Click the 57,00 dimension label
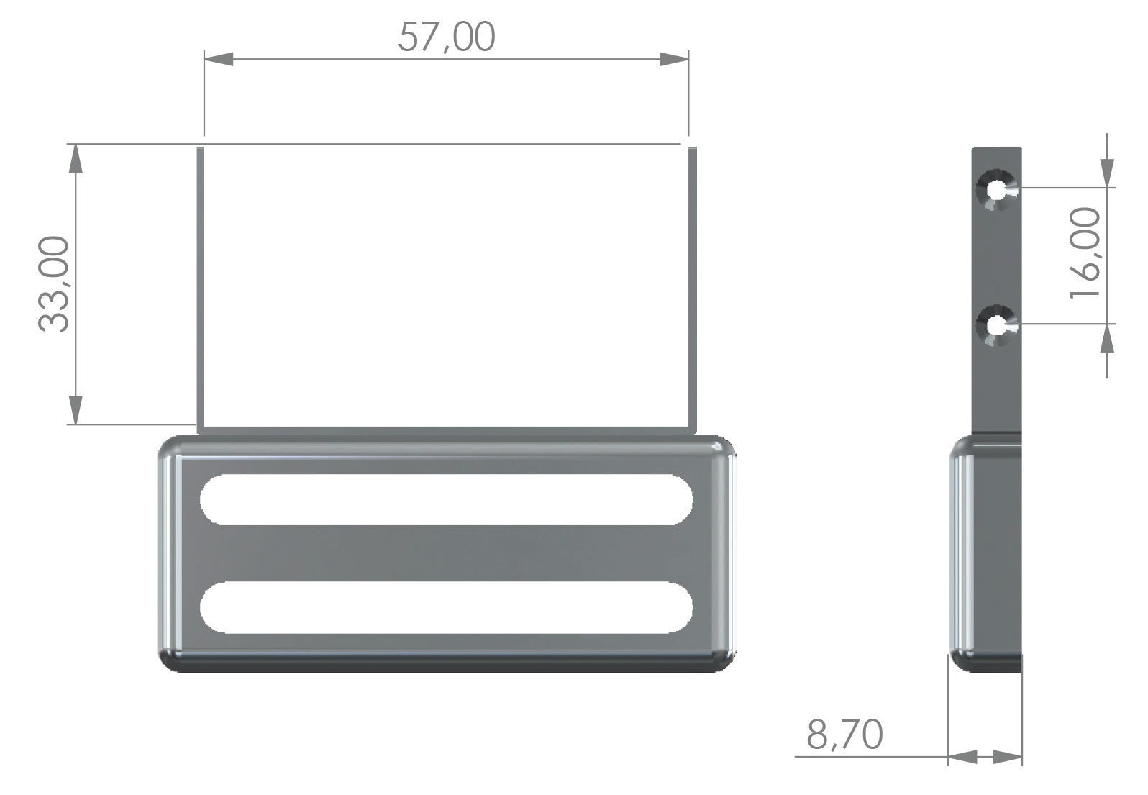pyautogui.click(x=447, y=37)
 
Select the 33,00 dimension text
pyautogui.click(x=53, y=284)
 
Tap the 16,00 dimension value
pyautogui.click(x=1085, y=253)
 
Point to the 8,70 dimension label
pyautogui.click(x=844, y=735)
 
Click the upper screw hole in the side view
pyautogui.click(x=996, y=190)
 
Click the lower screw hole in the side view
pyautogui.click(x=996, y=325)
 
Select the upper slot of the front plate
pyautogui.click(x=447, y=500)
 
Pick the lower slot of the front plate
pyautogui.click(x=447, y=607)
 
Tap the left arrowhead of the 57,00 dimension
pyautogui.click(x=219, y=59)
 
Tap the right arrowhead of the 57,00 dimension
pyautogui.click(x=674, y=59)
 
